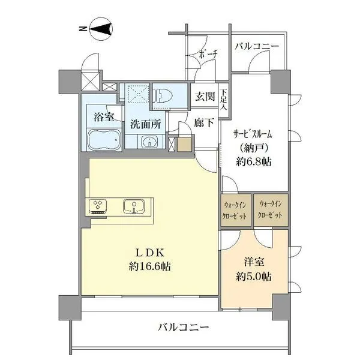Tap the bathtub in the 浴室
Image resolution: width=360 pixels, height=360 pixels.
(104, 139)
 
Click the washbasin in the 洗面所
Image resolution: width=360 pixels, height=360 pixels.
(149, 141)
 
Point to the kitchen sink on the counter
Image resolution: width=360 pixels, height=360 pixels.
(134, 206)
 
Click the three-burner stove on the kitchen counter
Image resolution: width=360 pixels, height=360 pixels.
(98, 206)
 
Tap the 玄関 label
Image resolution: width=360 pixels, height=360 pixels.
(205, 96)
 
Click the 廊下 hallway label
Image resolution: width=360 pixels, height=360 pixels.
(204, 123)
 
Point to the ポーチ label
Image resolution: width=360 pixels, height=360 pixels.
(208, 54)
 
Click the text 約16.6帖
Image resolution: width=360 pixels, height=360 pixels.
(149, 266)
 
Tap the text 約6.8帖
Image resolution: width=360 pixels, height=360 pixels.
(254, 162)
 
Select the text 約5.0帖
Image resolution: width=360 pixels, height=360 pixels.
(254, 277)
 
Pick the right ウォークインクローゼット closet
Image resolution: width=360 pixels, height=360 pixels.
(271, 211)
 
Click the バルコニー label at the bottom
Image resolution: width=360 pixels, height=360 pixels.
(183, 327)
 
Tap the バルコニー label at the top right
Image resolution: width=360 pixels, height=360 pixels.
(257, 46)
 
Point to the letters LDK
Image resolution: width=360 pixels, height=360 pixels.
(149, 253)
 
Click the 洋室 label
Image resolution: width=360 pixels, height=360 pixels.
(254, 262)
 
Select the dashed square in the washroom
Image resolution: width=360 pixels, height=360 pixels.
(139, 94)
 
